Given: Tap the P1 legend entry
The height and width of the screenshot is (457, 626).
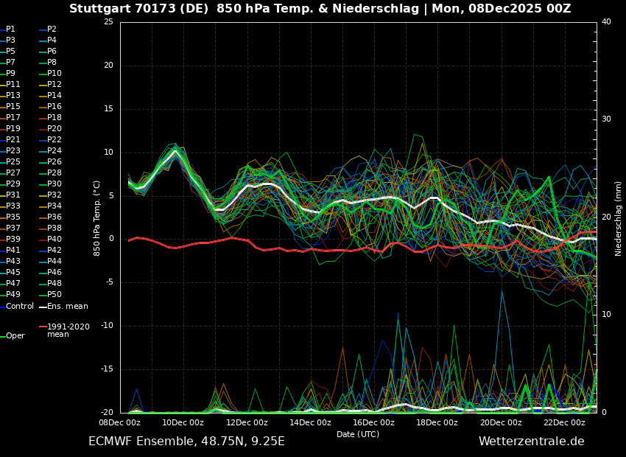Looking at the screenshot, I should click(10, 29).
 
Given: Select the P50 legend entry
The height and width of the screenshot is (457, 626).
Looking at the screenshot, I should click(54, 295).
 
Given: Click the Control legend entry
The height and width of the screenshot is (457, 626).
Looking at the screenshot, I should click(20, 306).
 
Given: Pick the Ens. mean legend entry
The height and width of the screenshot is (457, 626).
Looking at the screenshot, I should click(67, 306).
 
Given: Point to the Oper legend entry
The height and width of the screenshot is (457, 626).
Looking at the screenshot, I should click(15, 336).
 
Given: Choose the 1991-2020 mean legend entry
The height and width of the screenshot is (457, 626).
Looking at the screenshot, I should click(68, 330).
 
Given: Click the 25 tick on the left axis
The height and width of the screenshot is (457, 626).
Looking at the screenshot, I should click(108, 22).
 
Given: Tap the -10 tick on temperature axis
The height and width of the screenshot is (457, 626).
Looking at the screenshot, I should click(107, 326).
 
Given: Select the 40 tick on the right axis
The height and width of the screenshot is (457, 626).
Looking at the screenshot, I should click(606, 22).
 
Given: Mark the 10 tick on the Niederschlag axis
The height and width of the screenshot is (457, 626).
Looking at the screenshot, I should click(606, 315).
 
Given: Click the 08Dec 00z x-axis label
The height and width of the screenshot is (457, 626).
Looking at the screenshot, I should click(119, 422).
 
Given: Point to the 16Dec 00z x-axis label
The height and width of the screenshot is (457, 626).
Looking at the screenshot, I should click(373, 422).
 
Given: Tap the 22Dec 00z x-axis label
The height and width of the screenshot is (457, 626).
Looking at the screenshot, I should click(564, 422).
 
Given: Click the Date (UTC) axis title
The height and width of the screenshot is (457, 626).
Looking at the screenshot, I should click(358, 434).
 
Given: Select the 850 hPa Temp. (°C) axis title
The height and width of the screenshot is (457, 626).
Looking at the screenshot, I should click(97, 218).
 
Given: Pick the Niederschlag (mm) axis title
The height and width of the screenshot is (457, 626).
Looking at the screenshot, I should click(619, 218).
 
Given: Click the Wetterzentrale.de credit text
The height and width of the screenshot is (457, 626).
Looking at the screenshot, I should click(531, 442).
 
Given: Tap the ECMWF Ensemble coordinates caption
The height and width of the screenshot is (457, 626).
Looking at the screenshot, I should click(186, 442).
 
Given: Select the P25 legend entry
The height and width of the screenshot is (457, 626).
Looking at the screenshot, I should click(13, 162).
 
